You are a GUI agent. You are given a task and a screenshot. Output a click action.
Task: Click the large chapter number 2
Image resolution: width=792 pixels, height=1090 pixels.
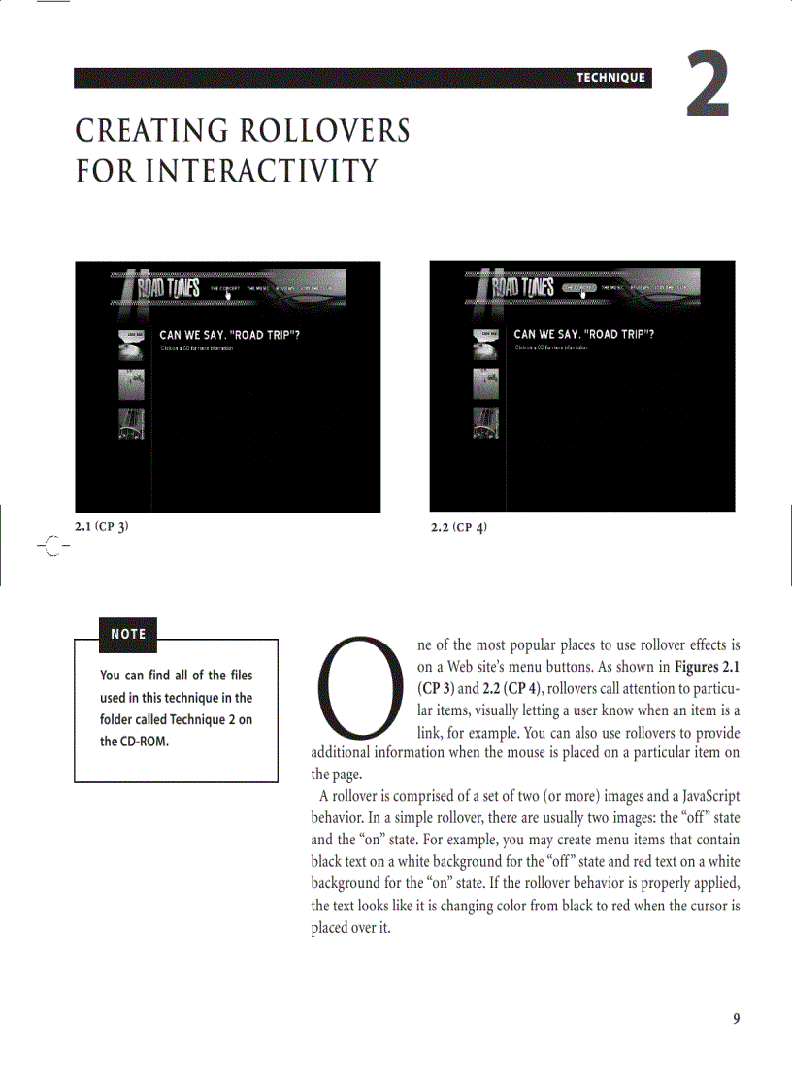(x=708, y=86)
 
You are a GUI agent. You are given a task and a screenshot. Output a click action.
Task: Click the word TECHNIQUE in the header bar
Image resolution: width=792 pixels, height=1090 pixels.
(x=610, y=78)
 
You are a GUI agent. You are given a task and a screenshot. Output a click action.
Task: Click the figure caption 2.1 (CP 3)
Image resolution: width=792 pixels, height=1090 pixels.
(x=102, y=527)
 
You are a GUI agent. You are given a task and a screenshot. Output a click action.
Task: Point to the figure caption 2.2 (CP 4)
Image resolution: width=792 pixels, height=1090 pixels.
(x=458, y=527)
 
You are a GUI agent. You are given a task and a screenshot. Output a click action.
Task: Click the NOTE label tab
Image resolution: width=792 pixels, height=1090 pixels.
(x=127, y=634)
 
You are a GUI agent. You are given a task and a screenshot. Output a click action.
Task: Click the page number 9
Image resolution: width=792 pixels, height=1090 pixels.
(x=736, y=1018)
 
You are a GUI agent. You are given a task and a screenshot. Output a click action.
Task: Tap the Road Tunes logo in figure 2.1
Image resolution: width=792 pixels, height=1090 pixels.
(x=167, y=288)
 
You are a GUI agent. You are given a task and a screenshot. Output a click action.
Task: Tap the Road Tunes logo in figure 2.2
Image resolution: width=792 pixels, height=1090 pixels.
(x=521, y=288)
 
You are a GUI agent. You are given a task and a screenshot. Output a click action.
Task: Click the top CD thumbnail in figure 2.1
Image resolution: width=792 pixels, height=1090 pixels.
(x=131, y=345)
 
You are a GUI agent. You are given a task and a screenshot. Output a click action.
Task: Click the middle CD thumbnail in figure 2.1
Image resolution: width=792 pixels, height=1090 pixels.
(x=131, y=384)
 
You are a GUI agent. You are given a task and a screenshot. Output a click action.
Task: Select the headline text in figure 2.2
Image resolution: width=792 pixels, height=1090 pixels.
(x=583, y=334)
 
